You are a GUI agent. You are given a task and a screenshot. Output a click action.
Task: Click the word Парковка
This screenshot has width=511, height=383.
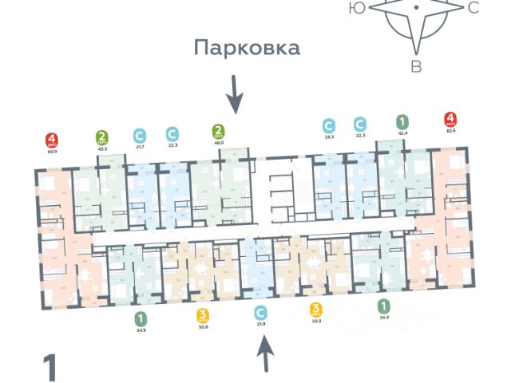click(248, 48)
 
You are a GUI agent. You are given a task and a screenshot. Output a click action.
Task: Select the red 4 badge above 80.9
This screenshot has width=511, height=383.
click(53, 138)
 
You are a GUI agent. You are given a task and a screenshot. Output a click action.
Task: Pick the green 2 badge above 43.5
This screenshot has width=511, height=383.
click(102, 136)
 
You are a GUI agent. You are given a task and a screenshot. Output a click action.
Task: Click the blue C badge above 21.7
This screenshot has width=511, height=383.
click(141, 135)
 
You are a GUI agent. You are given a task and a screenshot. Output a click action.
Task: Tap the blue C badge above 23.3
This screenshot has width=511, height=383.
click(328, 125)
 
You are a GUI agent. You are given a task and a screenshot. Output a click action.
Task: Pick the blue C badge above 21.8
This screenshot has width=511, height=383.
click(259, 312)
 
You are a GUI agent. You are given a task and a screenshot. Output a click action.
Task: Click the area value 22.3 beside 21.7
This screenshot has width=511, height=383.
click(172, 146)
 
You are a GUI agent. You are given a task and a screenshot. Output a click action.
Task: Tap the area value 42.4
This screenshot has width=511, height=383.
click(402, 133)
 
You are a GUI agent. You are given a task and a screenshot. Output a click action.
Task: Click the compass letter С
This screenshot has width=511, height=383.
click(473, 8)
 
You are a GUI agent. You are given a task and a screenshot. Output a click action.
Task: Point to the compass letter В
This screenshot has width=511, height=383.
click(416, 67)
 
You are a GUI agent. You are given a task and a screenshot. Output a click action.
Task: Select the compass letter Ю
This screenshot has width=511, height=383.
click(358, 8)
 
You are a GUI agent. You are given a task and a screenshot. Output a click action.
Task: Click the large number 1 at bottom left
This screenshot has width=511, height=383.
click(51, 369)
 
